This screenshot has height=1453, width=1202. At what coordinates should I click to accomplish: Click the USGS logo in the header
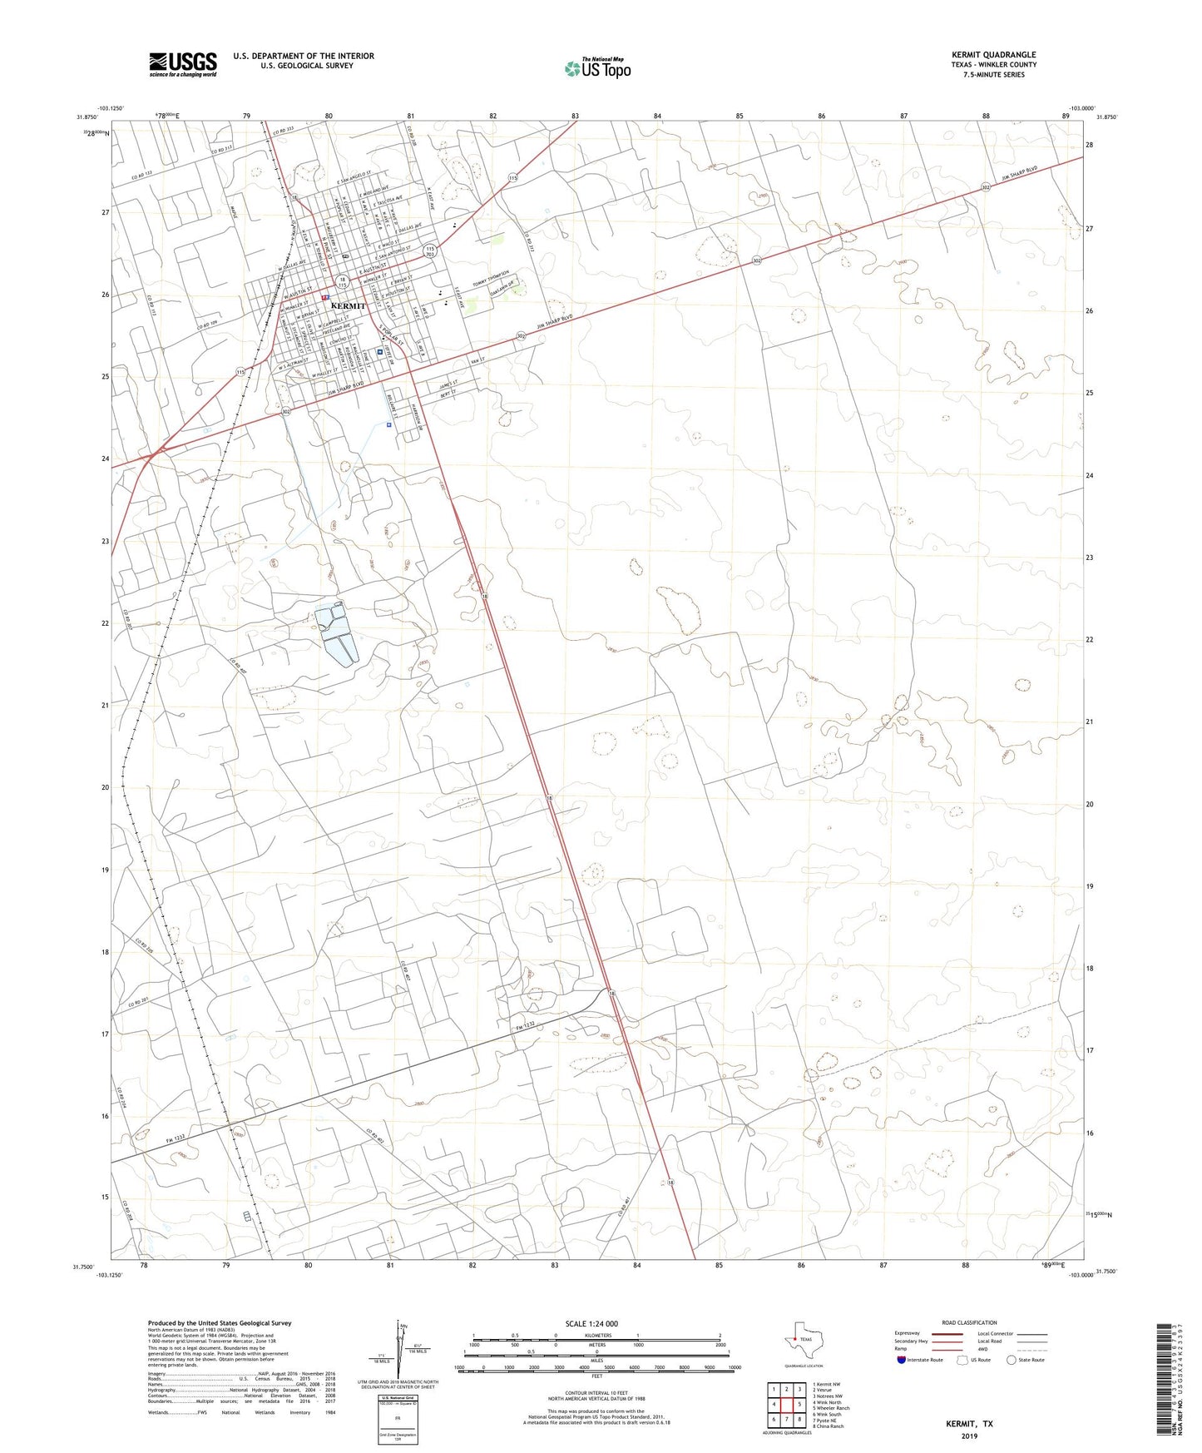pos(183,63)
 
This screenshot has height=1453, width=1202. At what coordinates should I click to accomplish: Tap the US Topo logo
pos(596,68)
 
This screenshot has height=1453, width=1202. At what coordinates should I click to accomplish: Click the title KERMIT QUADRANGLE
pos(994,55)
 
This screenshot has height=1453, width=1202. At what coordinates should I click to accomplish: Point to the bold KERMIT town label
pos(348,306)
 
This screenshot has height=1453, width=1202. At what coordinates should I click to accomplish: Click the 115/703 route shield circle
pos(430,250)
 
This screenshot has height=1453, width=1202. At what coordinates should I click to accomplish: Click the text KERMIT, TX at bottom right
pos(969,1424)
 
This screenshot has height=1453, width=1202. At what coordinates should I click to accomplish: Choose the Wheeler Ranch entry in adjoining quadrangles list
pos(833,1408)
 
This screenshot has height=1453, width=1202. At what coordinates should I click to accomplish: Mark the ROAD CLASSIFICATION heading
pos(969,1322)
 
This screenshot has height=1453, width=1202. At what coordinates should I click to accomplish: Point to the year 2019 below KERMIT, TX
pos(969,1436)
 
